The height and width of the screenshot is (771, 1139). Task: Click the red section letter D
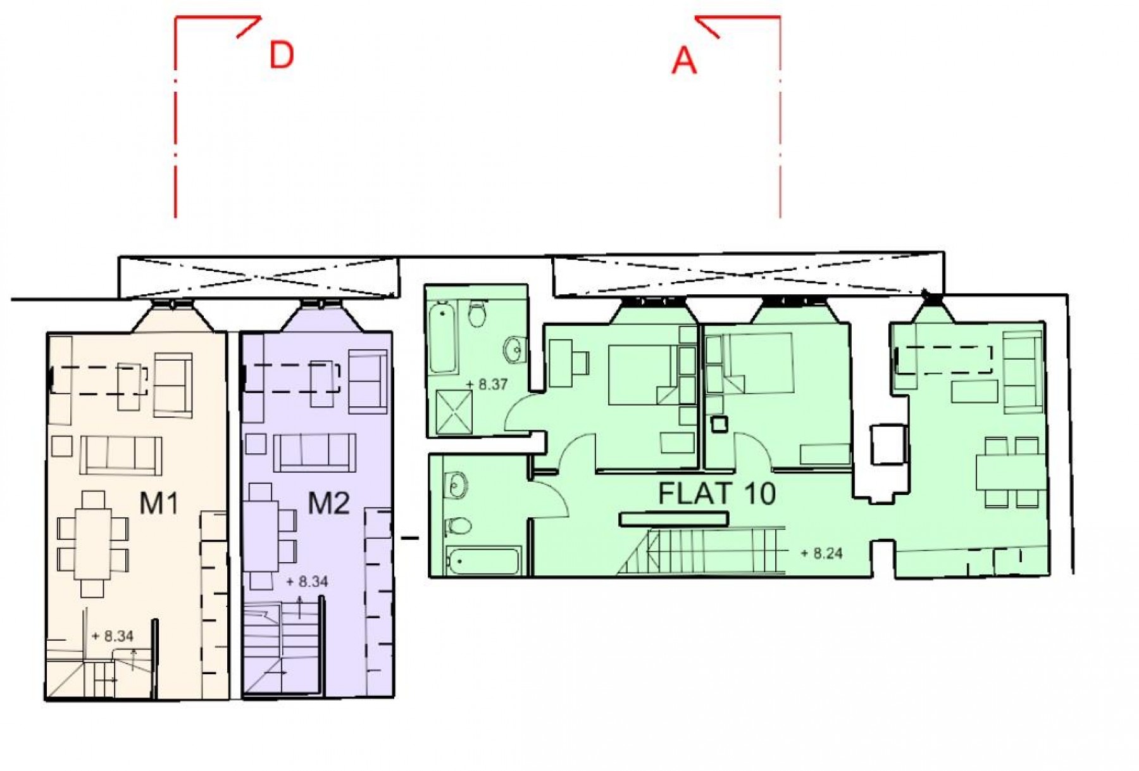[282, 55]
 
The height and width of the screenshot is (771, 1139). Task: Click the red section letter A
[683, 61]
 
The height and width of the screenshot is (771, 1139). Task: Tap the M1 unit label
[159, 503]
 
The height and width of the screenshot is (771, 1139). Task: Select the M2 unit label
[328, 503]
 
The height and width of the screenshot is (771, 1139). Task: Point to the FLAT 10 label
[717, 493]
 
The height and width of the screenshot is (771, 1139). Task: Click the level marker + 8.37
[487, 384]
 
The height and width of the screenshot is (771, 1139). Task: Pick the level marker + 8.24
[821, 553]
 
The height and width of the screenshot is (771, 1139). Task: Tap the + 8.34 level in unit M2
[307, 581]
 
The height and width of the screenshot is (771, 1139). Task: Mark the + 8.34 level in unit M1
[113, 636]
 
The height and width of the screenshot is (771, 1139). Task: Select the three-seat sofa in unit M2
[314, 453]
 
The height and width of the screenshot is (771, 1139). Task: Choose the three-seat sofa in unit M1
[120, 455]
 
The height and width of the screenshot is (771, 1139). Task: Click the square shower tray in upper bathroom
[454, 412]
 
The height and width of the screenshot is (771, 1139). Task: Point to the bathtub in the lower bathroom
[483, 561]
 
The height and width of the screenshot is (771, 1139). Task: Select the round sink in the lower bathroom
[456, 486]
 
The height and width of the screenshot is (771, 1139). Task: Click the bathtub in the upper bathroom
[442, 337]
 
